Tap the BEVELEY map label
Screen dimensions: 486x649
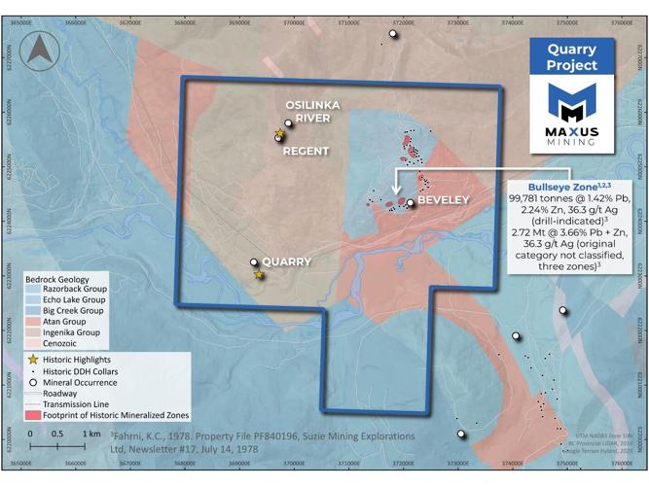[443, 200]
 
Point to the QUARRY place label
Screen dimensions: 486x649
[287, 261]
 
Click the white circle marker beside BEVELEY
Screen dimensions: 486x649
[411, 202]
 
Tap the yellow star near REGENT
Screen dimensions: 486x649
[279, 133]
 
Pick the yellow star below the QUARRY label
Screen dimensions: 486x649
[259, 275]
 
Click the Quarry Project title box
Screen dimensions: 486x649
[572, 61]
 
